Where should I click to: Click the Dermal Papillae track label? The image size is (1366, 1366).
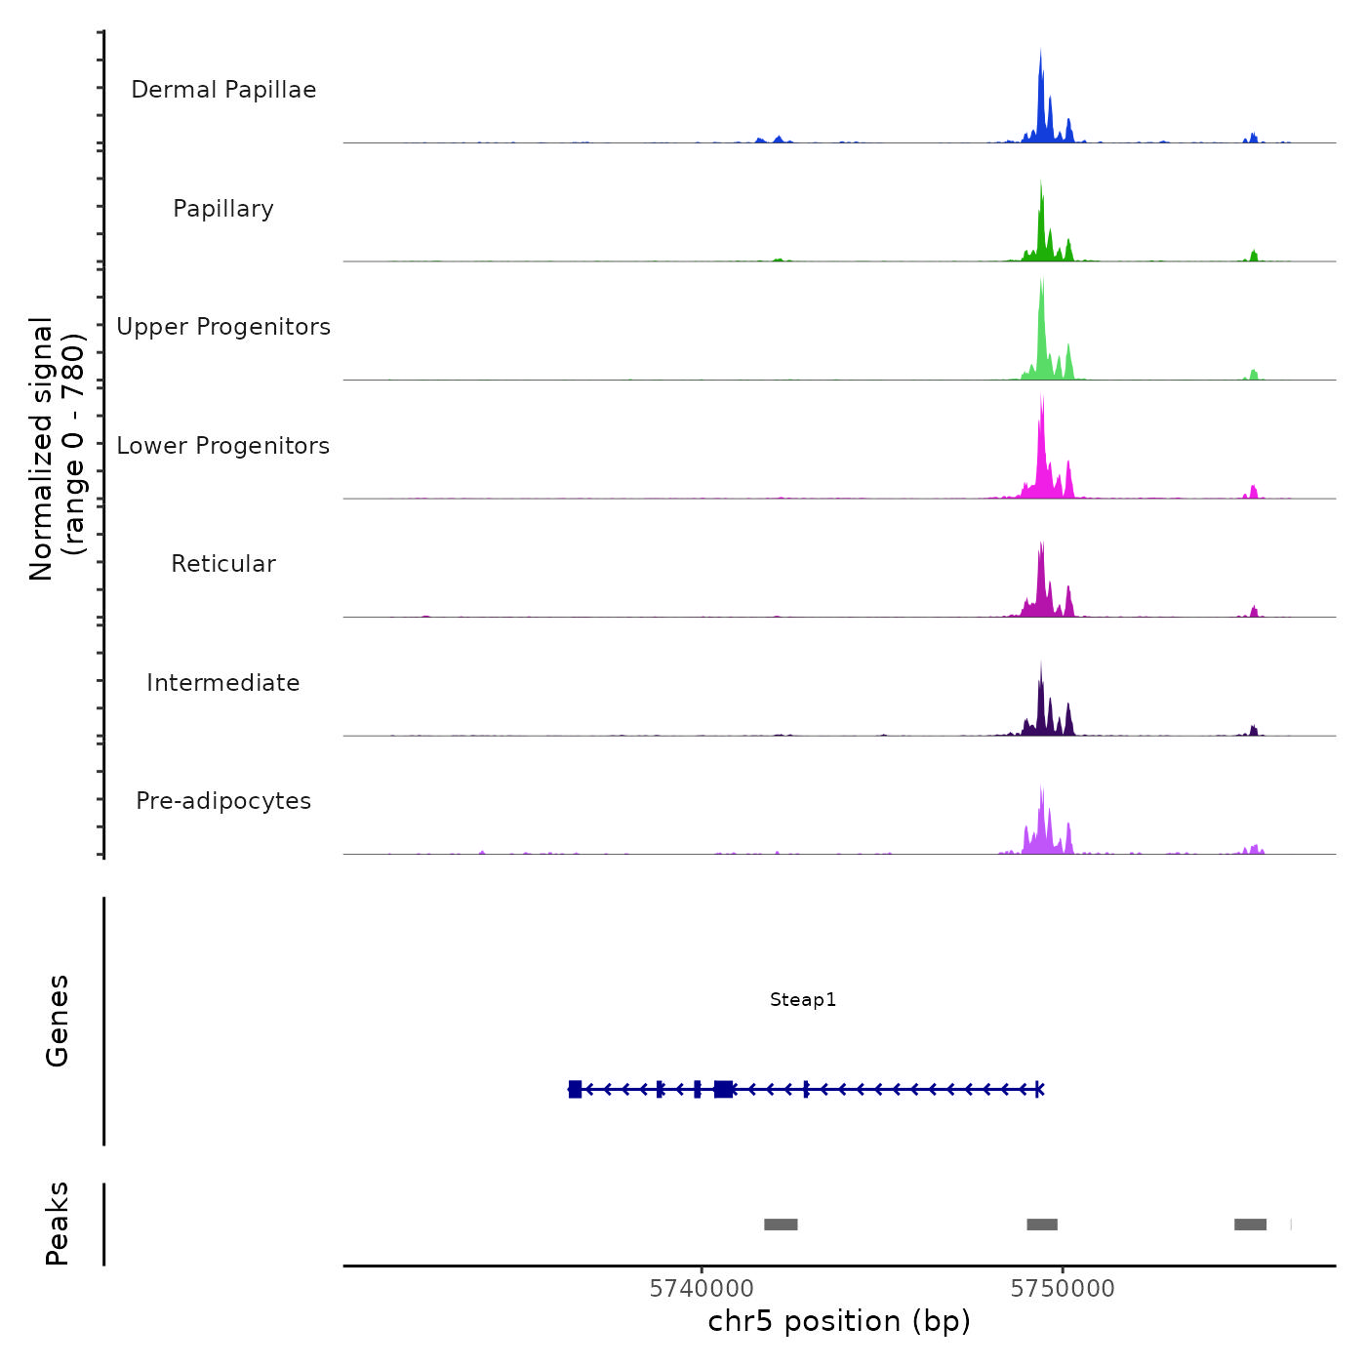click(x=223, y=90)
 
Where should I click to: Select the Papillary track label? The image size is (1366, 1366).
click(x=223, y=209)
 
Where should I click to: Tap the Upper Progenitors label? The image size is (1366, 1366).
click(x=223, y=327)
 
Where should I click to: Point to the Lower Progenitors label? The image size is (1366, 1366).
click(x=223, y=446)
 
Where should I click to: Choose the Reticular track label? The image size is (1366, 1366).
click(x=223, y=564)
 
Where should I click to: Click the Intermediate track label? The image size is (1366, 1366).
click(x=223, y=683)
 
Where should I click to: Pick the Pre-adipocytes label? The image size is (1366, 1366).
click(x=223, y=801)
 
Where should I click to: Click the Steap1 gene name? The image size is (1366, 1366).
click(x=802, y=1000)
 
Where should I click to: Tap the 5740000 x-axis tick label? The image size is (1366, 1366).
click(x=701, y=1289)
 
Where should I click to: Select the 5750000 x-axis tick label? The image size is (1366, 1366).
click(x=1063, y=1289)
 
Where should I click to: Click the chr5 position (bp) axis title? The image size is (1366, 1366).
click(x=839, y=1321)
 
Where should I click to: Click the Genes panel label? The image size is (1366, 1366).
click(x=57, y=1021)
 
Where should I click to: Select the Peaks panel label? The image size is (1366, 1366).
click(x=57, y=1224)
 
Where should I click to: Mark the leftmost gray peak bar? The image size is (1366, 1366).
click(x=781, y=1225)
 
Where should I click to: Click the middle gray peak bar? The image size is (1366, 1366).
click(x=1042, y=1225)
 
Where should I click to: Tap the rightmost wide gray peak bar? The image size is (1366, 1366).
click(x=1250, y=1225)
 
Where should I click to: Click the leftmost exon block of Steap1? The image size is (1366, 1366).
click(x=575, y=1089)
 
